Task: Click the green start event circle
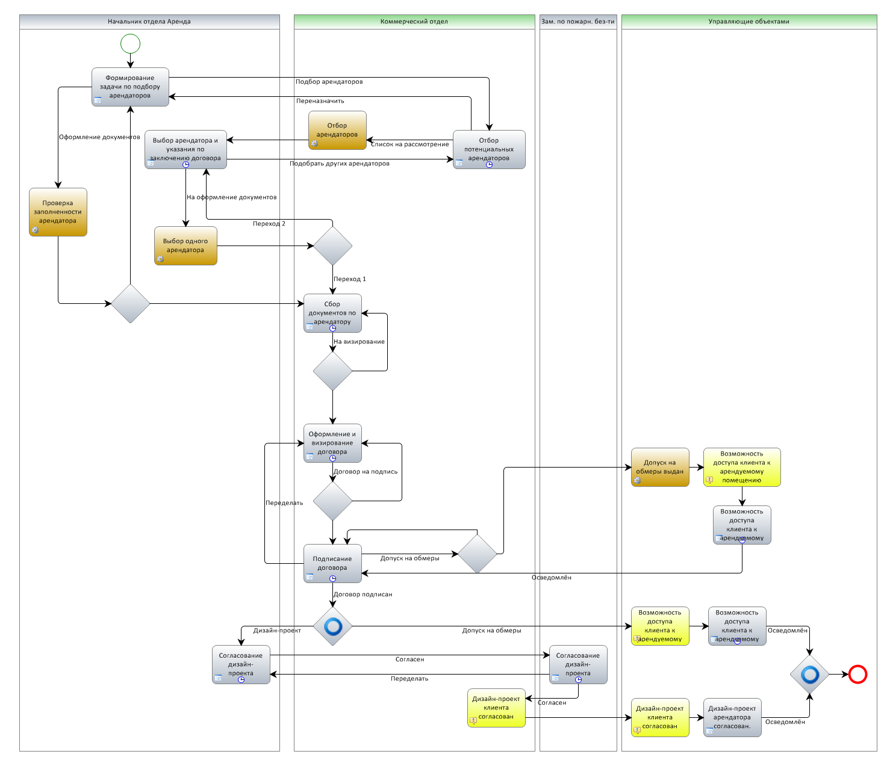[x=130, y=44]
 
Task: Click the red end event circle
[x=857, y=675]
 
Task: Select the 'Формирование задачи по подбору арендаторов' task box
[x=130, y=87]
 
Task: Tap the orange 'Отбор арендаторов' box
[x=337, y=130]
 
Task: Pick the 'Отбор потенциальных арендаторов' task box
[x=489, y=149]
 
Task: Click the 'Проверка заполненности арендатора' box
[x=58, y=212]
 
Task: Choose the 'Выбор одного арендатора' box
[x=185, y=246]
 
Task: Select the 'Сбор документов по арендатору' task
[x=332, y=313]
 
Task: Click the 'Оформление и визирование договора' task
[x=332, y=443]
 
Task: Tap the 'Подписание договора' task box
[x=332, y=563]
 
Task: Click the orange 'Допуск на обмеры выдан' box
[x=660, y=467]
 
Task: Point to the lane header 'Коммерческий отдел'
[x=414, y=22]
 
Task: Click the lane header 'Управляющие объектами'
[x=749, y=22]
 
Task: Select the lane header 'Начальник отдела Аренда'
[x=149, y=22]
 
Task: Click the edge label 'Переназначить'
[x=320, y=101]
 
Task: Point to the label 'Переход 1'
[x=350, y=279]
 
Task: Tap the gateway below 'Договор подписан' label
[x=332, y=626]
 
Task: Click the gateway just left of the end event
[x=809, y=675]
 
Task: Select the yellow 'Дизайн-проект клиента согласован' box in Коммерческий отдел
[x=496, y=708]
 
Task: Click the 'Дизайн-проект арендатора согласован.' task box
[x=732, y=717]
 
